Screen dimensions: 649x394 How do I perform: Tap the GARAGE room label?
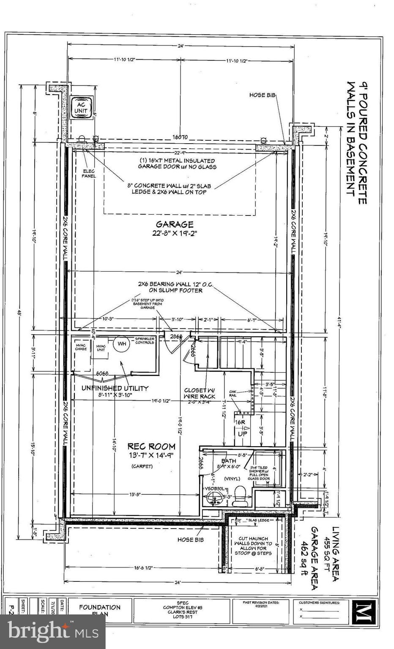[x=175, y=224]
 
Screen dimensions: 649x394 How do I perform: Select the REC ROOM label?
[x=151, y=446]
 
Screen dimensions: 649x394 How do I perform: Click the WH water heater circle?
[x=122, y=344]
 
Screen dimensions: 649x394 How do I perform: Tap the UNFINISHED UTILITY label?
[x=115, y=388]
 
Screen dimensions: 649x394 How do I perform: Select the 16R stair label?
[x=240, y=422]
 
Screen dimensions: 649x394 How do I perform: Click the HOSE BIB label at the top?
[x=263, y=95]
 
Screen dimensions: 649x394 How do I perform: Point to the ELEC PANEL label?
[x=89, y=173]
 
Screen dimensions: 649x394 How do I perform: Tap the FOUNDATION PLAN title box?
[x=100, y=610]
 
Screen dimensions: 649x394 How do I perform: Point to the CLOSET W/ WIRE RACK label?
[x=200, y=393]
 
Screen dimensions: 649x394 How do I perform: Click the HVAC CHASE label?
[x=80, y=347]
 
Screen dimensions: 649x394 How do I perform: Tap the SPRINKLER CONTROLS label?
[x=144, y=340]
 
